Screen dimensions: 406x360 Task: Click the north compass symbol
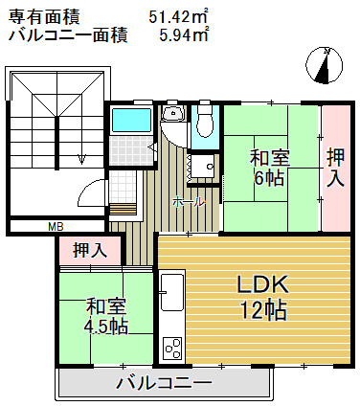(x=326, y=66)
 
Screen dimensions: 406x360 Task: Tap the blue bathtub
(x=131, y=121)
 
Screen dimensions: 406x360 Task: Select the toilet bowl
(x=204, y=124)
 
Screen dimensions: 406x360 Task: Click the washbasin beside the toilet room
(x=173, y=115)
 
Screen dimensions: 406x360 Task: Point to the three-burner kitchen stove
(x=172, y=349)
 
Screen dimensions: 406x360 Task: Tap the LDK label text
(x=262, y=285)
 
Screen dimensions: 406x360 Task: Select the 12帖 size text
(x=263, y=310)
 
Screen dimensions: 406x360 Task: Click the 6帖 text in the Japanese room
(x=270, y=178)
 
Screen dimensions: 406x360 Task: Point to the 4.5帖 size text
(x=106, y=327)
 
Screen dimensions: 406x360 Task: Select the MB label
(x=56, y=227)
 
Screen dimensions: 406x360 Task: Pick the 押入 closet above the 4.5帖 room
(x=90, y=251)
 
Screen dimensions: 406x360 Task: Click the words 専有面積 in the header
(x=44, y=17)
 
